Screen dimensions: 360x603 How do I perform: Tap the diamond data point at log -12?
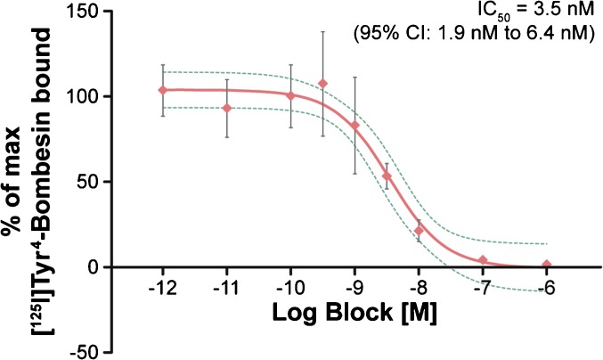163,90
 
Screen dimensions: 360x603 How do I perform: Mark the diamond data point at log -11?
227,108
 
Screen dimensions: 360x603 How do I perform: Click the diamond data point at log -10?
291,95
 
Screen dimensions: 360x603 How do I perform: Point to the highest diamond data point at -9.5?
323,84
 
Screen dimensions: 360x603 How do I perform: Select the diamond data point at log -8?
419,231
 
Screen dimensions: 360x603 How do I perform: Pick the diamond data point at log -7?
483,260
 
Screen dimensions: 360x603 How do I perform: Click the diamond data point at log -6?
546,265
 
